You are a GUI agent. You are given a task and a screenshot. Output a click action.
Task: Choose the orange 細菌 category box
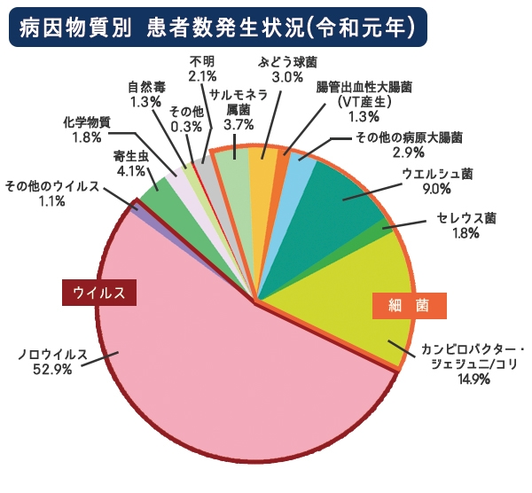click(409, 305)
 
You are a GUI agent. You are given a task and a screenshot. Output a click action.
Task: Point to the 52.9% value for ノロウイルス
click(51, 371)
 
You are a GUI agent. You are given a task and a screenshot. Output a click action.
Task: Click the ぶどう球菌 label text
click(287, 63)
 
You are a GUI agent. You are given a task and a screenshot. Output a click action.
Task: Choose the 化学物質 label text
click(87, 122)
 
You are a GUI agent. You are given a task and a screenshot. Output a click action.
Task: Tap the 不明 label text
click(202, 61)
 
